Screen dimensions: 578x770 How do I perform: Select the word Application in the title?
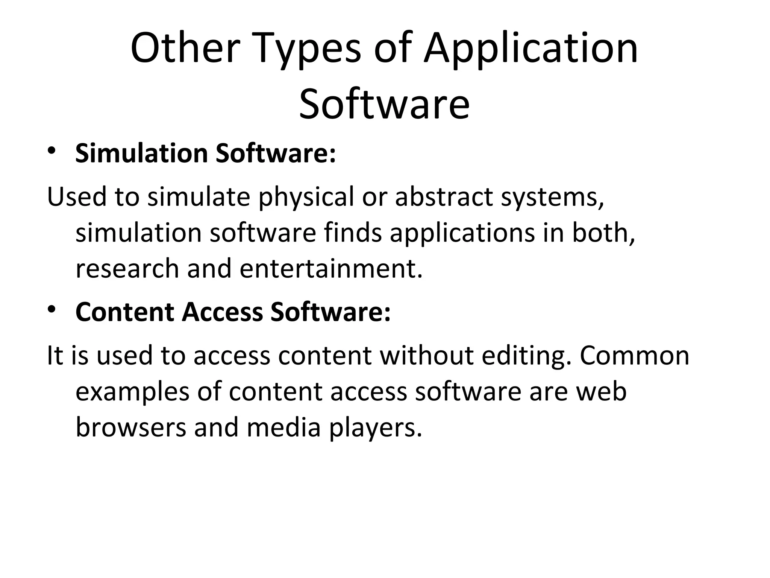(x=531, y=49)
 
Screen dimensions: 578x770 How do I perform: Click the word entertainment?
(x=331, y=269)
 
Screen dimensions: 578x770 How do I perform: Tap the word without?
(x=427, y=356)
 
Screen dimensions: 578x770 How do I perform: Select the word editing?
(x=526, y=356)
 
